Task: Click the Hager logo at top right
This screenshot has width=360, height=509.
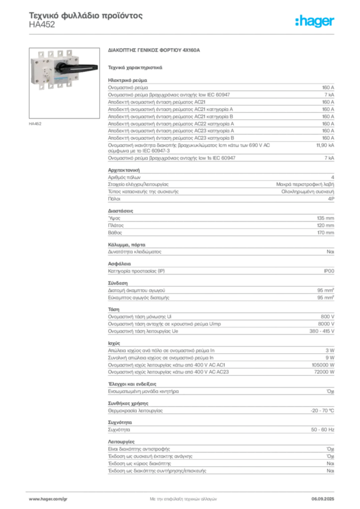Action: pyautogui.click(x=315, y=21)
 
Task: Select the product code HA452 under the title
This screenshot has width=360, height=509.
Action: pyautogui.click(x=42, y=24)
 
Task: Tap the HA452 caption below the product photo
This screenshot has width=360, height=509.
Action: pyautogui.click(x=35, y=124)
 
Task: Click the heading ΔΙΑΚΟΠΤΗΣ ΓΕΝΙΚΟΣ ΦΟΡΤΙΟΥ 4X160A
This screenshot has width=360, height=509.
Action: pyautogui.click(x=154, y=50)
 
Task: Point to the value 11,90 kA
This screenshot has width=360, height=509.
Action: pyautogui.click(x=325, y=145)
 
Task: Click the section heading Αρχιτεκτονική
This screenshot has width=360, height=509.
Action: pyautogui.click(x=124, y=170)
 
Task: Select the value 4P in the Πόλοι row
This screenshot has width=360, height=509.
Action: pyautogui.click(x=331, y=199)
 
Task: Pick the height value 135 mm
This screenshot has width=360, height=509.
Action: pyautogui.click(x=326, y=218)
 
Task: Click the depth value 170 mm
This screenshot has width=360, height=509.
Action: pyautogui.click(x=326, y=233)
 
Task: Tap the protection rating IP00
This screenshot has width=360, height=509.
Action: pyautogui.click(x=329, y=271)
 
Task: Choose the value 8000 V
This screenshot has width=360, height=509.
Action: pyautogui.click(x=326, y=324)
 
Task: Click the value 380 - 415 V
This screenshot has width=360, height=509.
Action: pyautogui.click(x=322, y=331)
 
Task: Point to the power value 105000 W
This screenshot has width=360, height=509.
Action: pyautogui.click(x=323, y=365)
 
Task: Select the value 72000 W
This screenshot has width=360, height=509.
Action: pyautogui.click(x=324, y=372)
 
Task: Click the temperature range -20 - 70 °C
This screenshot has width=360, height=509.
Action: pyautogui.click(x=322, y=411)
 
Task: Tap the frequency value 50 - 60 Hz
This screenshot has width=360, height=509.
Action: pyautogui.click(x=323, y=430)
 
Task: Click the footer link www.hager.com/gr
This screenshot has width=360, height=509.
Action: pyautogui.click(x=48, y=499)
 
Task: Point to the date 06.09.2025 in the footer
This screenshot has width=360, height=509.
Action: pyautogui.click(x=323, y=499)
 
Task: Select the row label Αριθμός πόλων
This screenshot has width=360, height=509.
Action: pyautogui.click(x=124, y=177)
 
